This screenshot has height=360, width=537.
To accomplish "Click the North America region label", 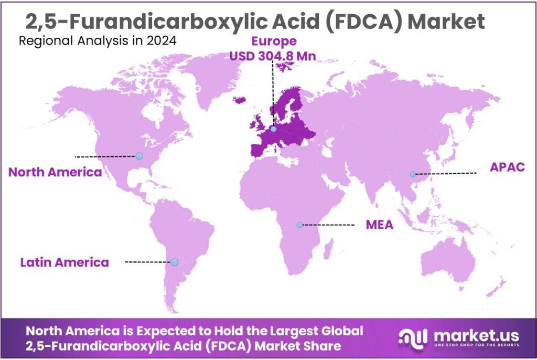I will pyautogui.click(x=55, y=172).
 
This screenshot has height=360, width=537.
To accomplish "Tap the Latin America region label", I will pyautogui.click(x=65, y=262).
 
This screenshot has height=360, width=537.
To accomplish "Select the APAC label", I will pyautogui.click(x=507, y=167).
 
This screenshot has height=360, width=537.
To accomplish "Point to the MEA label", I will pyautogui.click(x=379, y=225).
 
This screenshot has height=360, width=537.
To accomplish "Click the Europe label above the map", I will pyautogui.click(x=274, y=41).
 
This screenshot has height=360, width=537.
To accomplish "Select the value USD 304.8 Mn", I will pyautogui.click(x=273, y=56).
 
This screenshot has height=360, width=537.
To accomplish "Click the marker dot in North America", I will pyautogui.click(x=139, y=156).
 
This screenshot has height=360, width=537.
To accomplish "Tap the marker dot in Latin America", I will pyautogui.click(x=175, y=261).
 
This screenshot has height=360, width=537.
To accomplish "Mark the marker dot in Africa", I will pyautogui.click(x=299, y=225).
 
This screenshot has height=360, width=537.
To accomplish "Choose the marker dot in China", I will pyautogui.click(x=413, y=174).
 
